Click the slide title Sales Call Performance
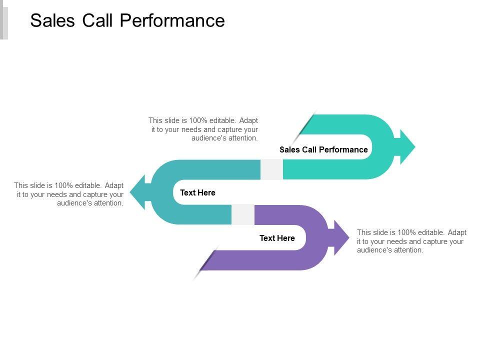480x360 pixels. pos(127,20)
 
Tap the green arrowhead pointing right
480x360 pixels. pos(406,146)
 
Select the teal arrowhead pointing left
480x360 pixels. pos(138,192)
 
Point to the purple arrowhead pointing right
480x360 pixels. pos(339,237)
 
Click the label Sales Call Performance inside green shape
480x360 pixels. pos(323,149)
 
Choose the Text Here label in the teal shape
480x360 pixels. pos(197,192)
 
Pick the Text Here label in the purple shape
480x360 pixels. pos(277,238)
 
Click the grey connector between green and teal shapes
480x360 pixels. pos(271,169)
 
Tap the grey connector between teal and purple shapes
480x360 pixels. pos(242,214)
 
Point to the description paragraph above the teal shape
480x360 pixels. pos(203,129)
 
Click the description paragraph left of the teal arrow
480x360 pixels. pos(69,194)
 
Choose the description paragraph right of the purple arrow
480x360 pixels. pos(411,241)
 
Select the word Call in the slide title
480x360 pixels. pos(96,20)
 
